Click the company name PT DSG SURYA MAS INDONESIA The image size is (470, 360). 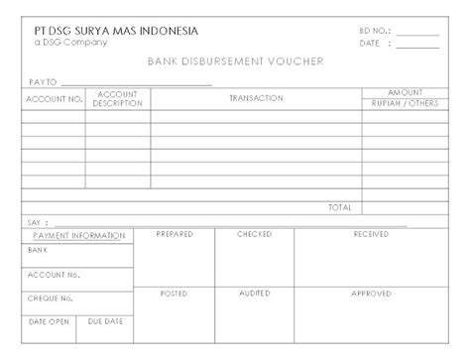tap(117, 31)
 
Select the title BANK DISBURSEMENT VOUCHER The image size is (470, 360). tap(235, 61)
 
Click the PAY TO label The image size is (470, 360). tap(45, 81)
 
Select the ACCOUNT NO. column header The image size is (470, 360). tap(55, 99)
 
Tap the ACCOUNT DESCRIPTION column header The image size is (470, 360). tap(118, 99)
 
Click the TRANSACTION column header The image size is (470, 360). tap(256, 98)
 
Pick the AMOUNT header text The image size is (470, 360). tap(405, 92)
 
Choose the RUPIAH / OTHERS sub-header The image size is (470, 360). tap(405, 104)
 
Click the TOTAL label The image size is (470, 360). tap(340, 207)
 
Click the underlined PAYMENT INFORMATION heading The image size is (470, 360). tap(78, 236)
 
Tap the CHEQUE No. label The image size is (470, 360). tap(52, 298)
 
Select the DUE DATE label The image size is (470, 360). tap(105, 321)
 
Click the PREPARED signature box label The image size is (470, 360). tap(176, 234)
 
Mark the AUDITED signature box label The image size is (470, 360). tap(254, 294)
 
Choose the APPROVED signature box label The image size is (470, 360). tap(371, 294)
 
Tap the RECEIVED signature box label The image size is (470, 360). tap(371, 234)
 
